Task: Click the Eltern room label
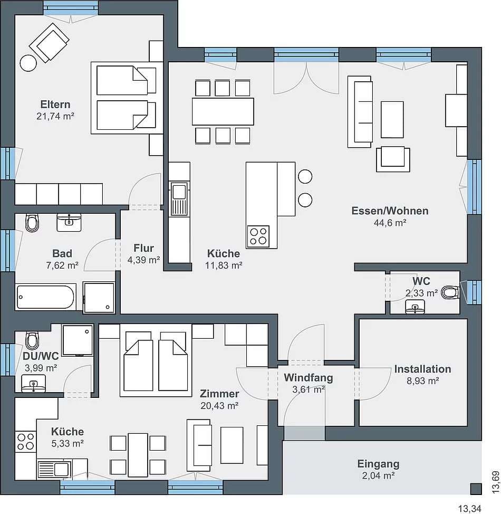click(55, 104)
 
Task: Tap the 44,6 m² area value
click(390, 223)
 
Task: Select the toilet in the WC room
click(450, 292)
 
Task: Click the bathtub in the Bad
click(45, 297)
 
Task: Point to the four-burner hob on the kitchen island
click(258, 236)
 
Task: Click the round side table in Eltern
click(28, 63)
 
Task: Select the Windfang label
click(308, 378)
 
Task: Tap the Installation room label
click(422, 369)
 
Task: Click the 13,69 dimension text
click(495, 482)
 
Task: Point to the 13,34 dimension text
click(469, 509)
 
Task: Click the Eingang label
click(378, 464)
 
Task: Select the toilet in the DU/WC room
click(32, 340)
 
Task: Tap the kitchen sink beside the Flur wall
click(179, 199)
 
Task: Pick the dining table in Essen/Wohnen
click(223, 111)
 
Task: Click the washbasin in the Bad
click(69, 223)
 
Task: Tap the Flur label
click(143, 248)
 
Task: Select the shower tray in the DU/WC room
click(78, 340)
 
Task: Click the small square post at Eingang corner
click(476, 489)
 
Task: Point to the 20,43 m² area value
click(219, 406)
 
